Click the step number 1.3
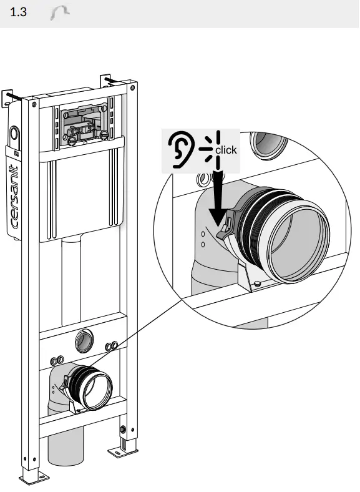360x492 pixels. pos(19,12)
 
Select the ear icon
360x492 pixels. pos(180,150)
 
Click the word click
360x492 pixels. pos(226,150)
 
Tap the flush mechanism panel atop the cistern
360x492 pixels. pos(84,121)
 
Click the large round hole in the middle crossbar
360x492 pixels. pos(82,341)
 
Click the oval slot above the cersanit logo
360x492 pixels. pos(14,134)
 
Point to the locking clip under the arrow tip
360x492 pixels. pos(226,230)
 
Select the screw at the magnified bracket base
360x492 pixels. pos(256,285)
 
